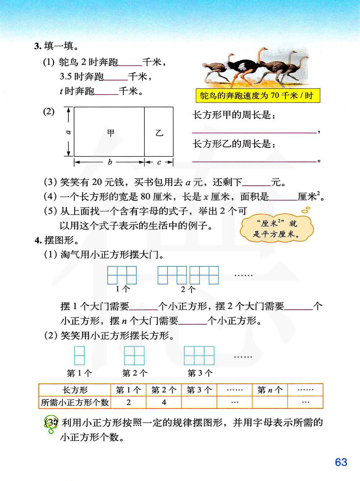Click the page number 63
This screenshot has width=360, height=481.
(341, 462)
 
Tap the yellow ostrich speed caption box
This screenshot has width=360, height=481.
(256, 96)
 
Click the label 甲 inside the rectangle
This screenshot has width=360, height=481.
(111, 133)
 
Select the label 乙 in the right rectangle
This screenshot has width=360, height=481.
(159, 133)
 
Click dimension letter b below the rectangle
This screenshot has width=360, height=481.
(110, 162)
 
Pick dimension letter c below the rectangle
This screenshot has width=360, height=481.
(159, 162)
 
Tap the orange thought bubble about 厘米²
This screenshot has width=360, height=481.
(276, 228)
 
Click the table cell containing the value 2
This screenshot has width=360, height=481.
(129, 402)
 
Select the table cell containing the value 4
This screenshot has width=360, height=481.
(164, 402)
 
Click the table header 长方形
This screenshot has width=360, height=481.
(75, 390)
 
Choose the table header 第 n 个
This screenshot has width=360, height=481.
(270, 390)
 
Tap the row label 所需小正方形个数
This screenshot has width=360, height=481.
(75, 402)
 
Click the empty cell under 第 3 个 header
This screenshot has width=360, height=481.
(199, 402)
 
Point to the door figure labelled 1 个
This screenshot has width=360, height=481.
(122, 275)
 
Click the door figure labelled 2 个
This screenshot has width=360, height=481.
(188, 275)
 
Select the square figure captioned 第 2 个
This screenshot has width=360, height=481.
(134, 356)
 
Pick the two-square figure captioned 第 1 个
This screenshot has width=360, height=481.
(79, 356)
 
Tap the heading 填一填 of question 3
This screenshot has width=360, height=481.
(59, 46)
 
